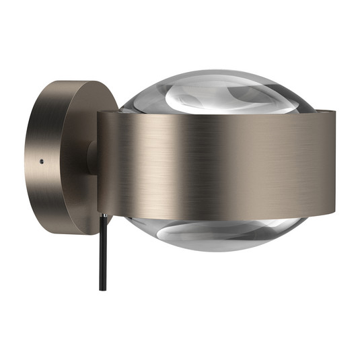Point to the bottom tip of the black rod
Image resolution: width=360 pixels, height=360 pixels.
(102, 289)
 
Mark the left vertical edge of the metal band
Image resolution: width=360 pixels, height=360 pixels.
(99, 165)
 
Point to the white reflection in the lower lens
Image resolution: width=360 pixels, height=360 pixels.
(202, 236)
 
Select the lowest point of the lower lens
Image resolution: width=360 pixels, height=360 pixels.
(215, 251)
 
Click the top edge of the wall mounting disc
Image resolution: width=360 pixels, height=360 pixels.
(74, 81)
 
